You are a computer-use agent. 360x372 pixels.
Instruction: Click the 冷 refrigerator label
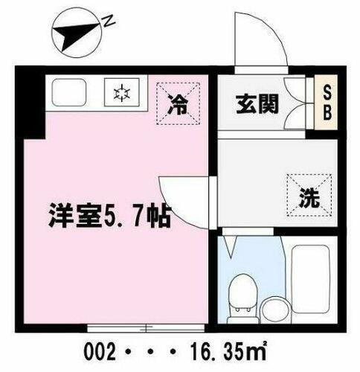[x=178, y=105]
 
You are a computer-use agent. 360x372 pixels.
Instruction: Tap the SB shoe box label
[x=327, y=105]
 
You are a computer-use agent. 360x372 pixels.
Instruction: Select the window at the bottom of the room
[x=146, y=327]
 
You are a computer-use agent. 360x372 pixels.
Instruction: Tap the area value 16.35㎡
[x=235, y=350]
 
